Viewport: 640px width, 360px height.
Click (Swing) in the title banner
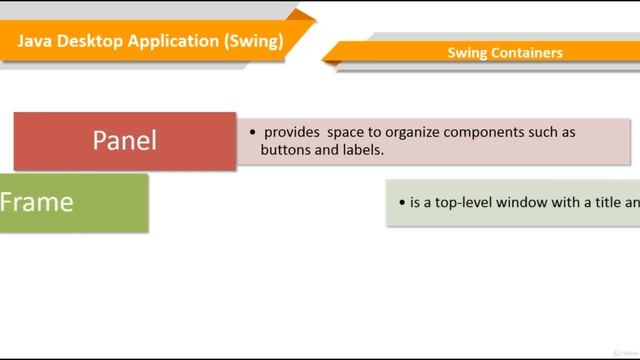click(x=253, y=41)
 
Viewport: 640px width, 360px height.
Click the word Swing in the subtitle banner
click(x=467, y=53)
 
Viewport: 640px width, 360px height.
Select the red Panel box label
click(x=125, y=140)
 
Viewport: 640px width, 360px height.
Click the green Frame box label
click(x=37, y=202)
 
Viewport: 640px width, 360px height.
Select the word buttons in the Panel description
click(x=286, y=150)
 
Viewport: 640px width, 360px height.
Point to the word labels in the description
click(x=362, y=150)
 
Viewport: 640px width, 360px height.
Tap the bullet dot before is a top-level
click(x=400, y=202)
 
